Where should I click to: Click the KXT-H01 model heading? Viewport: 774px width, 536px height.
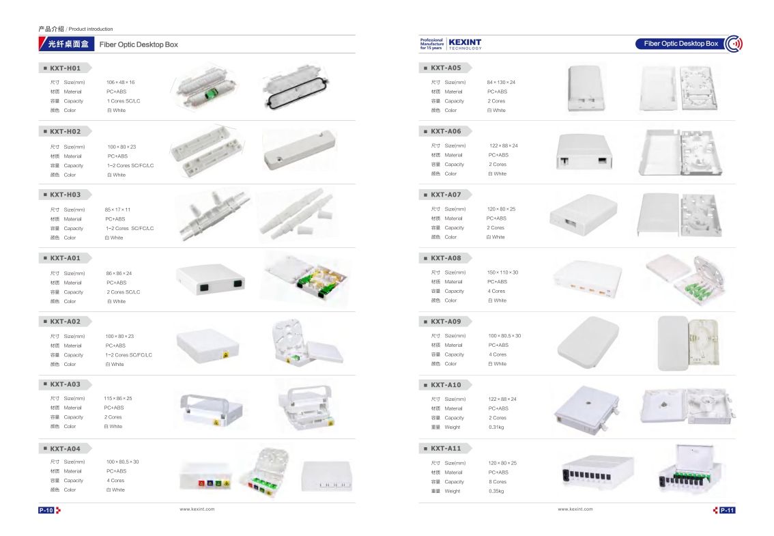coord(65,68)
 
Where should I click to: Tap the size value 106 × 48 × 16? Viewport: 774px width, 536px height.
coord(120,83)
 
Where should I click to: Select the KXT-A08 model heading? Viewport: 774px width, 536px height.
coord(446,258)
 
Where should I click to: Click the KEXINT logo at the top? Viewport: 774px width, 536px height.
coord(464,43)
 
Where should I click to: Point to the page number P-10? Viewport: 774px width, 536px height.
coord(46,510)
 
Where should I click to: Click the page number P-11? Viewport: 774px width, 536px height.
coord(727,510)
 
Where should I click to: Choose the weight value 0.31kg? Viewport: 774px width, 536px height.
coord(496,427)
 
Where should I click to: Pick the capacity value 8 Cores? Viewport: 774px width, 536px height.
coord(497,482)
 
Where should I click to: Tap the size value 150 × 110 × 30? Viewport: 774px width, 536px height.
coord(502,272)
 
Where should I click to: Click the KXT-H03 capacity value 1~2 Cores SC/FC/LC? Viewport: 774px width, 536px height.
coord(129,229)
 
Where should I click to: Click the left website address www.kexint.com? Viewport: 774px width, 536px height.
coord(197,509)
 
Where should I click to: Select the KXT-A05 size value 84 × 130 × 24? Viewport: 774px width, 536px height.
coord(501,83)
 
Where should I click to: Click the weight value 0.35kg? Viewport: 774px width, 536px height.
coord(496,491)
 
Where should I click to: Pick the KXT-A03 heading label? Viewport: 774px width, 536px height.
coord(65,384)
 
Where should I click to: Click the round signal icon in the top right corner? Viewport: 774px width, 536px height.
coord(734,44)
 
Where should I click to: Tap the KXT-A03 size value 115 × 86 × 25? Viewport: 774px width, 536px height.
coord(118,399)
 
